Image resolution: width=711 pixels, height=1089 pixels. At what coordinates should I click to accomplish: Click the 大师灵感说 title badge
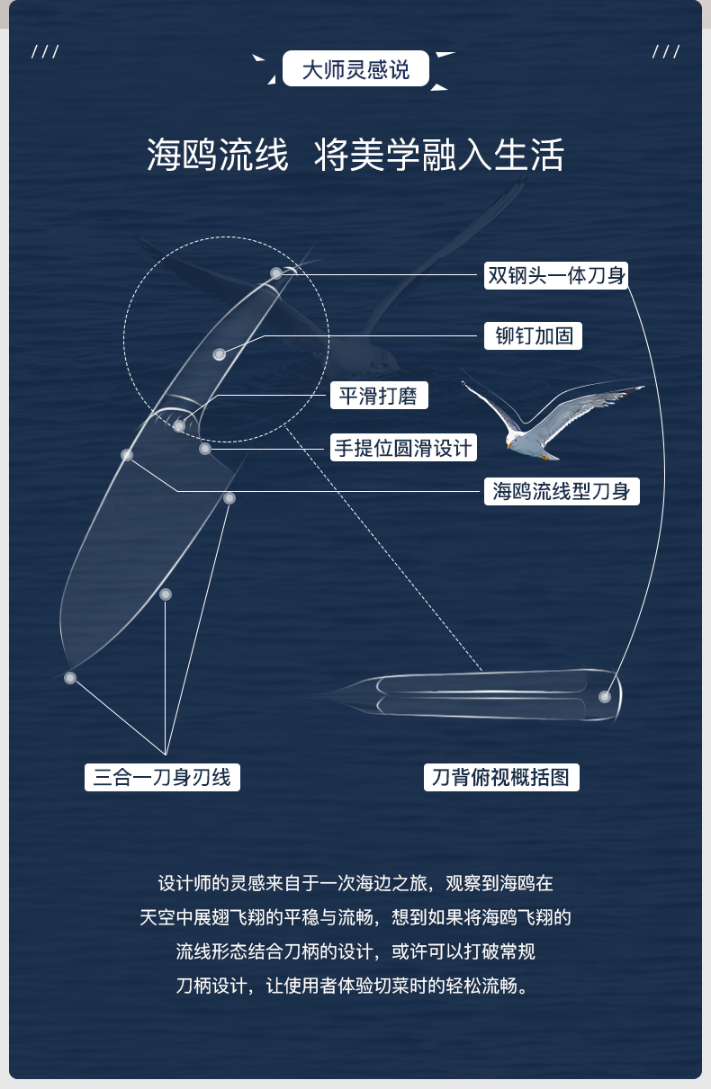[x=355, y=68]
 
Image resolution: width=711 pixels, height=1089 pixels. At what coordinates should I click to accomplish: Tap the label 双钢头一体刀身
[x=556, y=276]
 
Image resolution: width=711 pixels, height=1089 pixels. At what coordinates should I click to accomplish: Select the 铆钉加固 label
[x=533, y=335]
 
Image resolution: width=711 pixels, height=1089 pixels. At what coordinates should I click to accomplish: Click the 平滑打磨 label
[x=379, y=396]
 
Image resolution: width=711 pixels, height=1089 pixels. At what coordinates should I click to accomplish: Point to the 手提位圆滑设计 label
[x=403, y=447]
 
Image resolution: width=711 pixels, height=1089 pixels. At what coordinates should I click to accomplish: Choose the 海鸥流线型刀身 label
[x=562, y=491]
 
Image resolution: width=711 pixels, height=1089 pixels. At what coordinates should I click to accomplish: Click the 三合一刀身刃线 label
[x=162, y=777]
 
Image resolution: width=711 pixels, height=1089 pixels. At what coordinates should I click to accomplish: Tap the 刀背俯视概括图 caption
[x=501, y=777]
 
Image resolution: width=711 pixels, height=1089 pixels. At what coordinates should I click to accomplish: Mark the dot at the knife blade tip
[x=70, y=678]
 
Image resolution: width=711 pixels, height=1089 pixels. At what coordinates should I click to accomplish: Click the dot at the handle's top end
[x=276, y=273]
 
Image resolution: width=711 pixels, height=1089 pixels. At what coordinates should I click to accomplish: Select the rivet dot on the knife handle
[x=220, y=354]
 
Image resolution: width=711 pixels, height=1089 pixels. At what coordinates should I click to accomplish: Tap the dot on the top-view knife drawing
[x=605, y=697]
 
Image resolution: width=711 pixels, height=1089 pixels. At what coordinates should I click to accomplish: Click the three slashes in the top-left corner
[x=45, y=51]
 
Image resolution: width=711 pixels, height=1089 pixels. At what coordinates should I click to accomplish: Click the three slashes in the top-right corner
[x=666, y=51]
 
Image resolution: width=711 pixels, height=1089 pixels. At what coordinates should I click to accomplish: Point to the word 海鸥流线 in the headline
[x=218, y=155]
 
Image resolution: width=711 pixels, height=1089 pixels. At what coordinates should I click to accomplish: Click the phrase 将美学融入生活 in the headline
[x=439, y=155]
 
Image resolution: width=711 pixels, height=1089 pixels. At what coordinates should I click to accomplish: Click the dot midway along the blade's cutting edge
[x=166, y=594]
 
